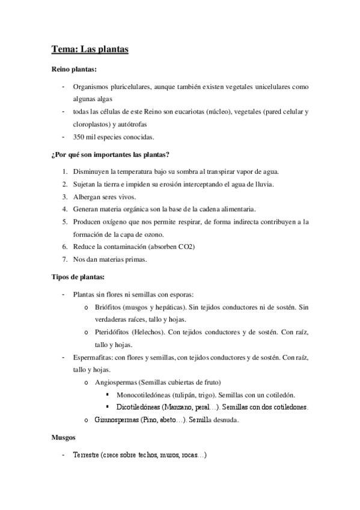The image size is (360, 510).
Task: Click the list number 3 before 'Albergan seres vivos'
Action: point(64,196)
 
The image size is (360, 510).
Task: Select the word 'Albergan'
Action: point(88,196)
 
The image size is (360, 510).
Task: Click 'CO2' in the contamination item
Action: point(201,247)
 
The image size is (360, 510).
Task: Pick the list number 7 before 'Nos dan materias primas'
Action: point(64,259)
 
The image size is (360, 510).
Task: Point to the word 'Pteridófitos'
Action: point(114,333)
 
